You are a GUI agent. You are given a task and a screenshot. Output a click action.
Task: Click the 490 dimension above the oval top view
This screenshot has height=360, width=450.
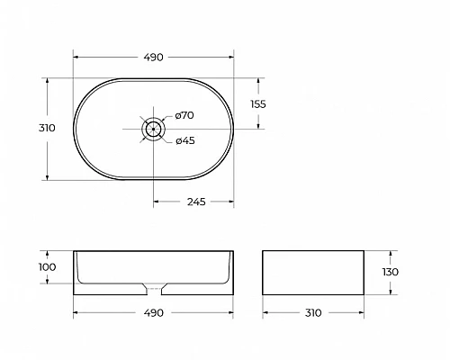click(153, 57)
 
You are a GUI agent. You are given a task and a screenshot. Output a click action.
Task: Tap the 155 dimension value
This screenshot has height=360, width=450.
click(256, 103)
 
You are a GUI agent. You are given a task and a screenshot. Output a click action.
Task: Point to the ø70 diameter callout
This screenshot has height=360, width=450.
click(184, 115)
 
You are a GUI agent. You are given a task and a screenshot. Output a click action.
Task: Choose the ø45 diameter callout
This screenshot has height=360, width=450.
click(184, 140)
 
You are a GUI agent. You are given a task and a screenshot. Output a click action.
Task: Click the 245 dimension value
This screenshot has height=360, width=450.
click(195, 202)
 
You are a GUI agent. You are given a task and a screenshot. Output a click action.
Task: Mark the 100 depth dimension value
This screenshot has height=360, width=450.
click(48, 267)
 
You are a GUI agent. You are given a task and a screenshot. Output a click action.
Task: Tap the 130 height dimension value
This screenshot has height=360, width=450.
click(390, 272)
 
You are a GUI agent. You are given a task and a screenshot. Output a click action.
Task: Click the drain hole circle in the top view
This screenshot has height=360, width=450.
click(154, 129)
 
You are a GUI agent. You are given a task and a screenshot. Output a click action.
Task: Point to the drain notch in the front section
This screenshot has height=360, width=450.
click(154, 290)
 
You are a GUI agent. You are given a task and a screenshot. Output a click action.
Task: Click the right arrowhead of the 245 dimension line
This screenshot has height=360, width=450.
click(234, 202)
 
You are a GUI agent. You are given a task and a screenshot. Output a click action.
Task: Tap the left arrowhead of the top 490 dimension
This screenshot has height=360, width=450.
click(75, 57)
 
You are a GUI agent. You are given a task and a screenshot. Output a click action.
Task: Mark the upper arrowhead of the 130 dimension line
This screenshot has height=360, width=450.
click(390, 251)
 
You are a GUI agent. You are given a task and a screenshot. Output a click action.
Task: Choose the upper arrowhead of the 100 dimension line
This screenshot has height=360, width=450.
click(48, 251)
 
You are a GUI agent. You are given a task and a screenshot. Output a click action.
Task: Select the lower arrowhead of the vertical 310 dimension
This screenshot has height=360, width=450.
click(48, 178)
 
